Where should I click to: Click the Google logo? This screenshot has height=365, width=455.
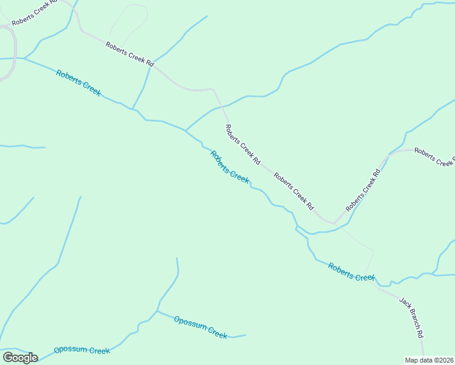click(20, 357)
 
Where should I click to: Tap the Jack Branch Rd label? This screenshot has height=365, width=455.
click(411, 317)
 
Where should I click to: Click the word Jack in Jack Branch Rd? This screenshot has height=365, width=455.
click(403, 303)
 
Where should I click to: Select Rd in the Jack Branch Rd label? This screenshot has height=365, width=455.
click(419, 332)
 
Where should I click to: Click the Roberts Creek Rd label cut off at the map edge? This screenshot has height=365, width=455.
click(434, 156)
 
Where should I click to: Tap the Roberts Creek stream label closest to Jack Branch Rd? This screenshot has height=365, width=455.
click(352, 272)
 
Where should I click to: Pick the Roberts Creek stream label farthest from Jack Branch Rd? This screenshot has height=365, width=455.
click(78, 83)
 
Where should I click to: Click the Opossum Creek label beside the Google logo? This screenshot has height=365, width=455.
click(82, 350)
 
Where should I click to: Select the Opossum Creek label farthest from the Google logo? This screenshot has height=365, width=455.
click(200, 327)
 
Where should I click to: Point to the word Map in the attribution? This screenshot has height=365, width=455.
click(412, 360)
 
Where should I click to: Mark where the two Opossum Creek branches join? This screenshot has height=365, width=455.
click(157, 311)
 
